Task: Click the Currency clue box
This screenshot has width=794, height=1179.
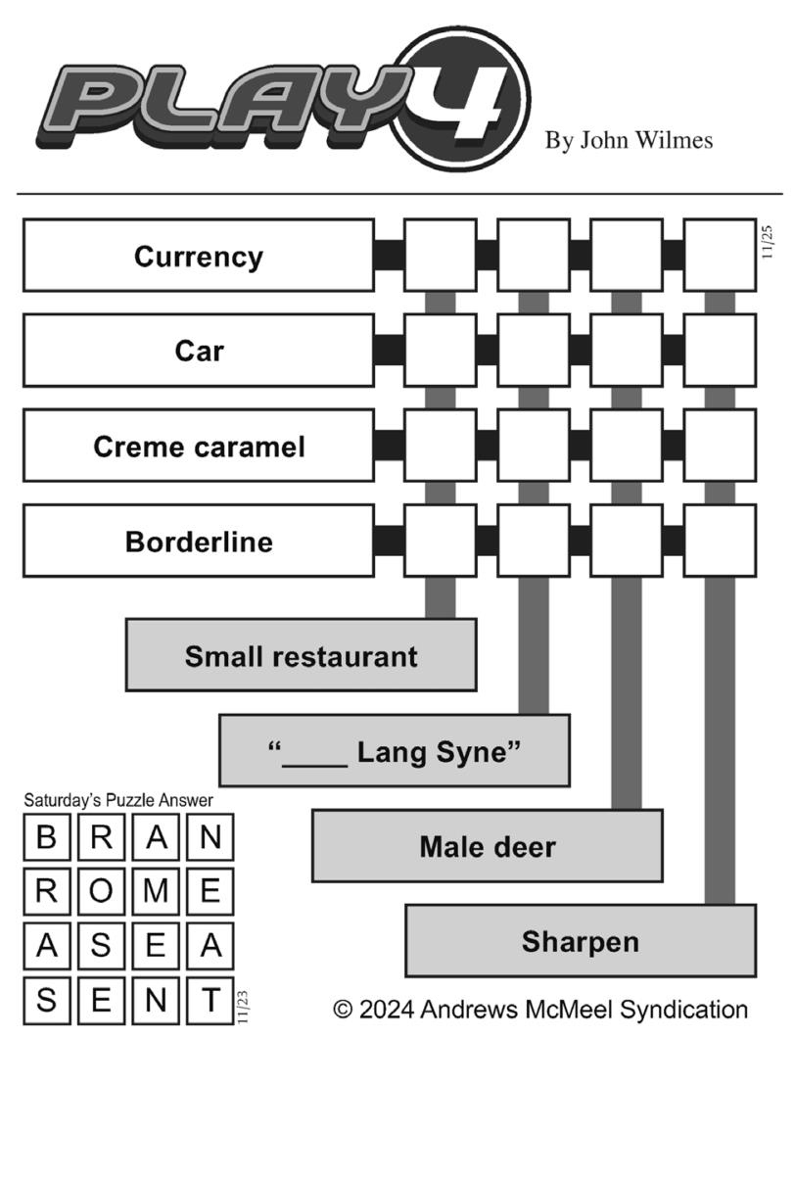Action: coord(199,256)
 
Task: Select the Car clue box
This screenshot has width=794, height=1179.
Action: coord(199,350)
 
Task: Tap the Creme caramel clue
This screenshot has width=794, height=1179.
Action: coord(199,446)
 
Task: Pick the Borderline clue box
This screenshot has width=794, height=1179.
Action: coord(199,541)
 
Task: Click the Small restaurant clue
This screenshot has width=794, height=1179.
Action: coord(301,655)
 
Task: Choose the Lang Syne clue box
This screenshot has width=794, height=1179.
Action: coord(395,750)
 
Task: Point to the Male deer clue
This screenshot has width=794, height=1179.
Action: coord(488,845)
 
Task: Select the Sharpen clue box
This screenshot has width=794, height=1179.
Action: coord(581,941)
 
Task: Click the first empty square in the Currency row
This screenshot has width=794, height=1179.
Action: coord(441,256)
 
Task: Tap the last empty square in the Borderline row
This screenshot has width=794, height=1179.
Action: coord(720,541)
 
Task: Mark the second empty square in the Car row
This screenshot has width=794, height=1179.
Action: coord(534,350)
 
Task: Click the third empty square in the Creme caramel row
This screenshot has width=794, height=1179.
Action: coord(627,446)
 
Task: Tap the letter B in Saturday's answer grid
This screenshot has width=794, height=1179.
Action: coord(46,837)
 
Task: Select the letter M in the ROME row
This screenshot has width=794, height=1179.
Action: coord(156,890)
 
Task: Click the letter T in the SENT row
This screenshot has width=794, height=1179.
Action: coord(210,1000)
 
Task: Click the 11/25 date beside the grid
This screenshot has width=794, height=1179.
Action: coord(767,242)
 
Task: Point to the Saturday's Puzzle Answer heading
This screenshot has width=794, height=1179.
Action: coord(118,801)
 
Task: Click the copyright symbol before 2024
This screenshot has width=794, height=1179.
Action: coord(343,1010)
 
